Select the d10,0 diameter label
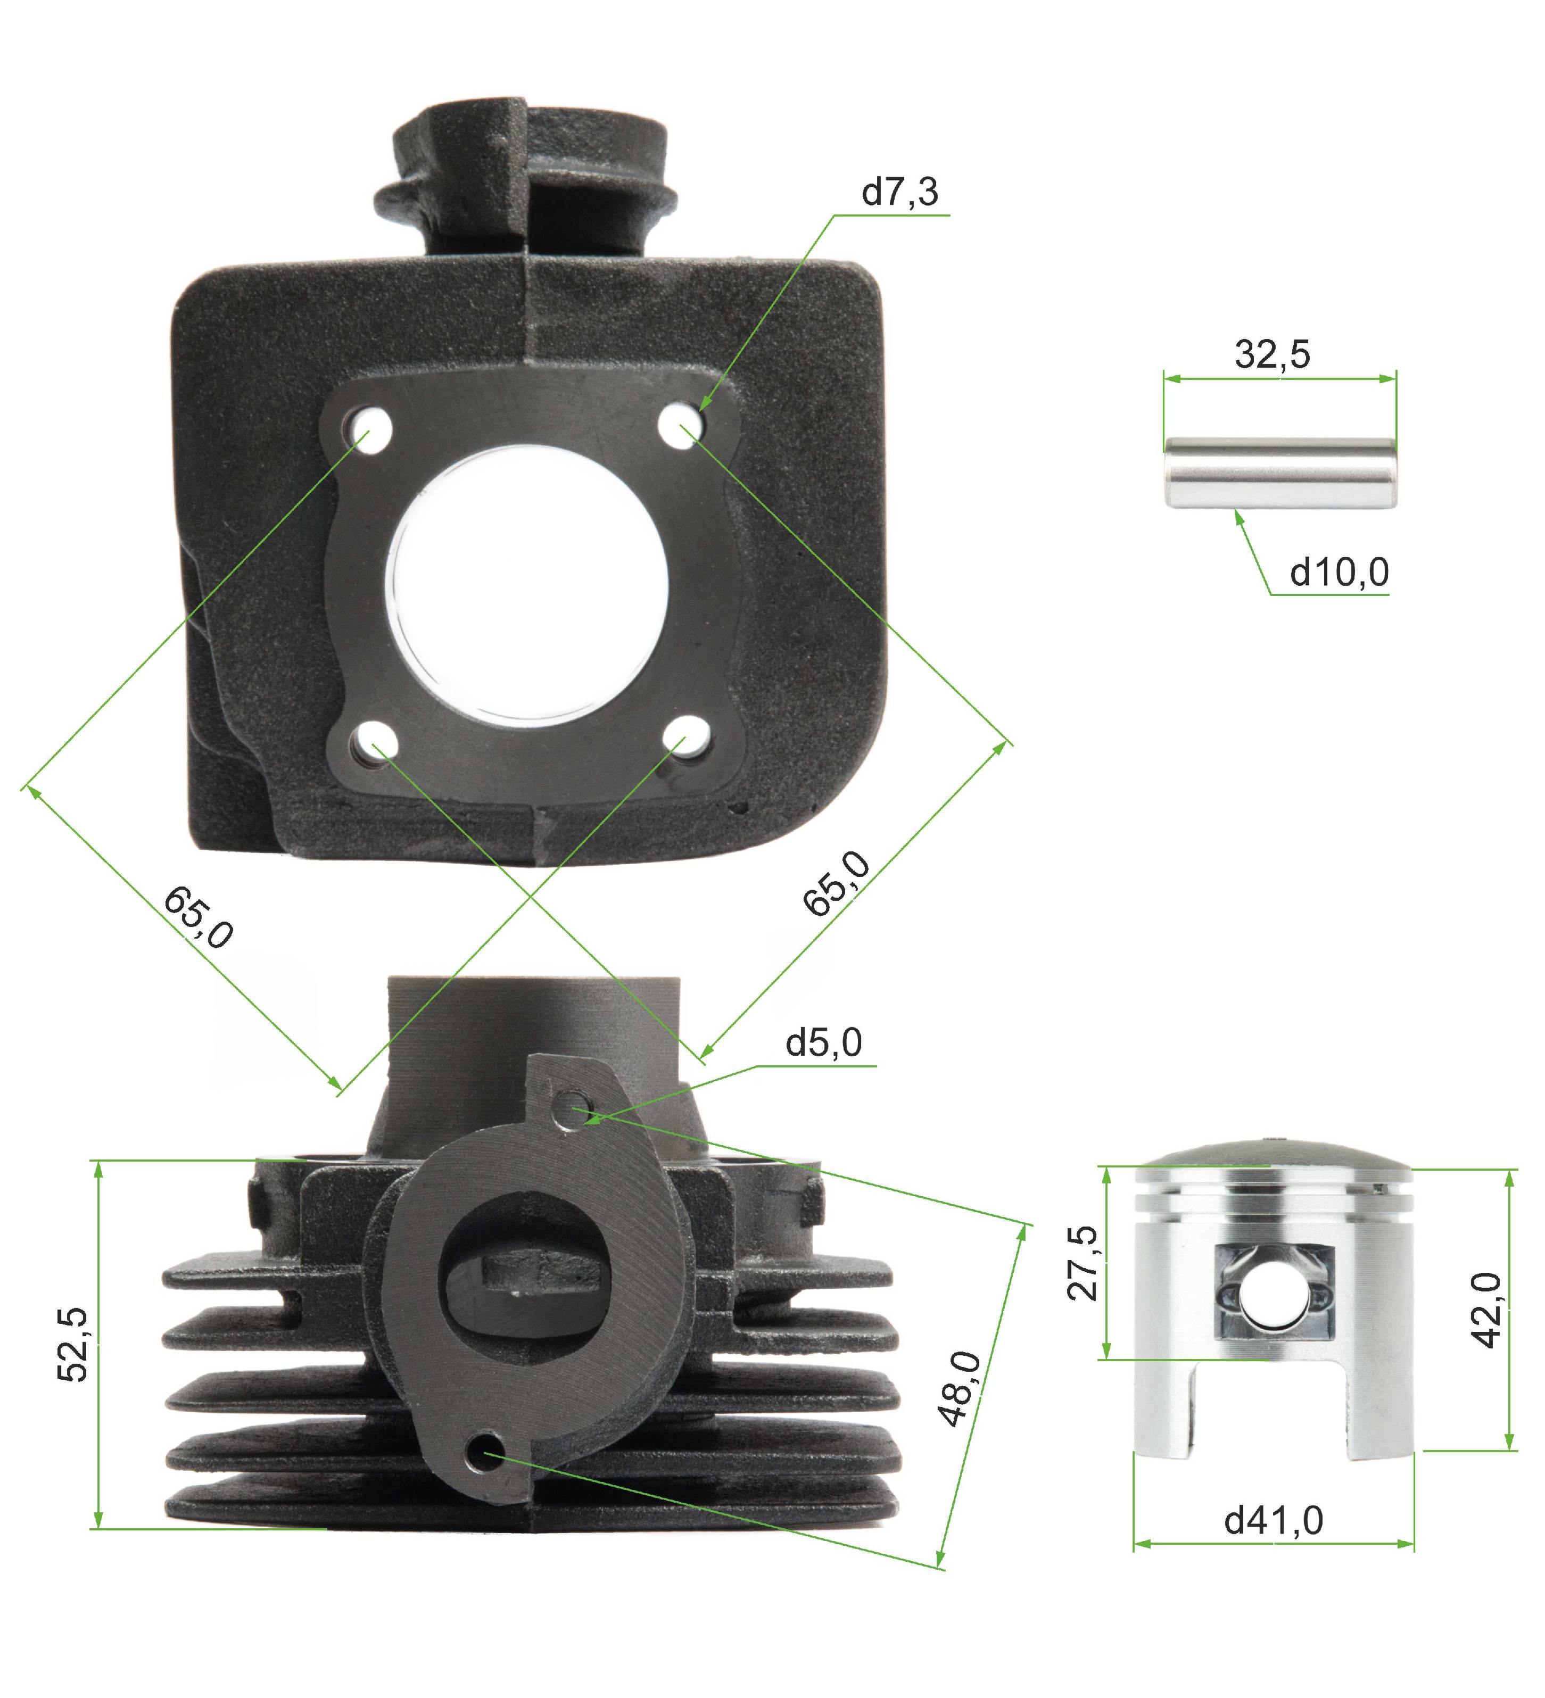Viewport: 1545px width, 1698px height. (1340, 572)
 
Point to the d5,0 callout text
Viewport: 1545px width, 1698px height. (823, 1043)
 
